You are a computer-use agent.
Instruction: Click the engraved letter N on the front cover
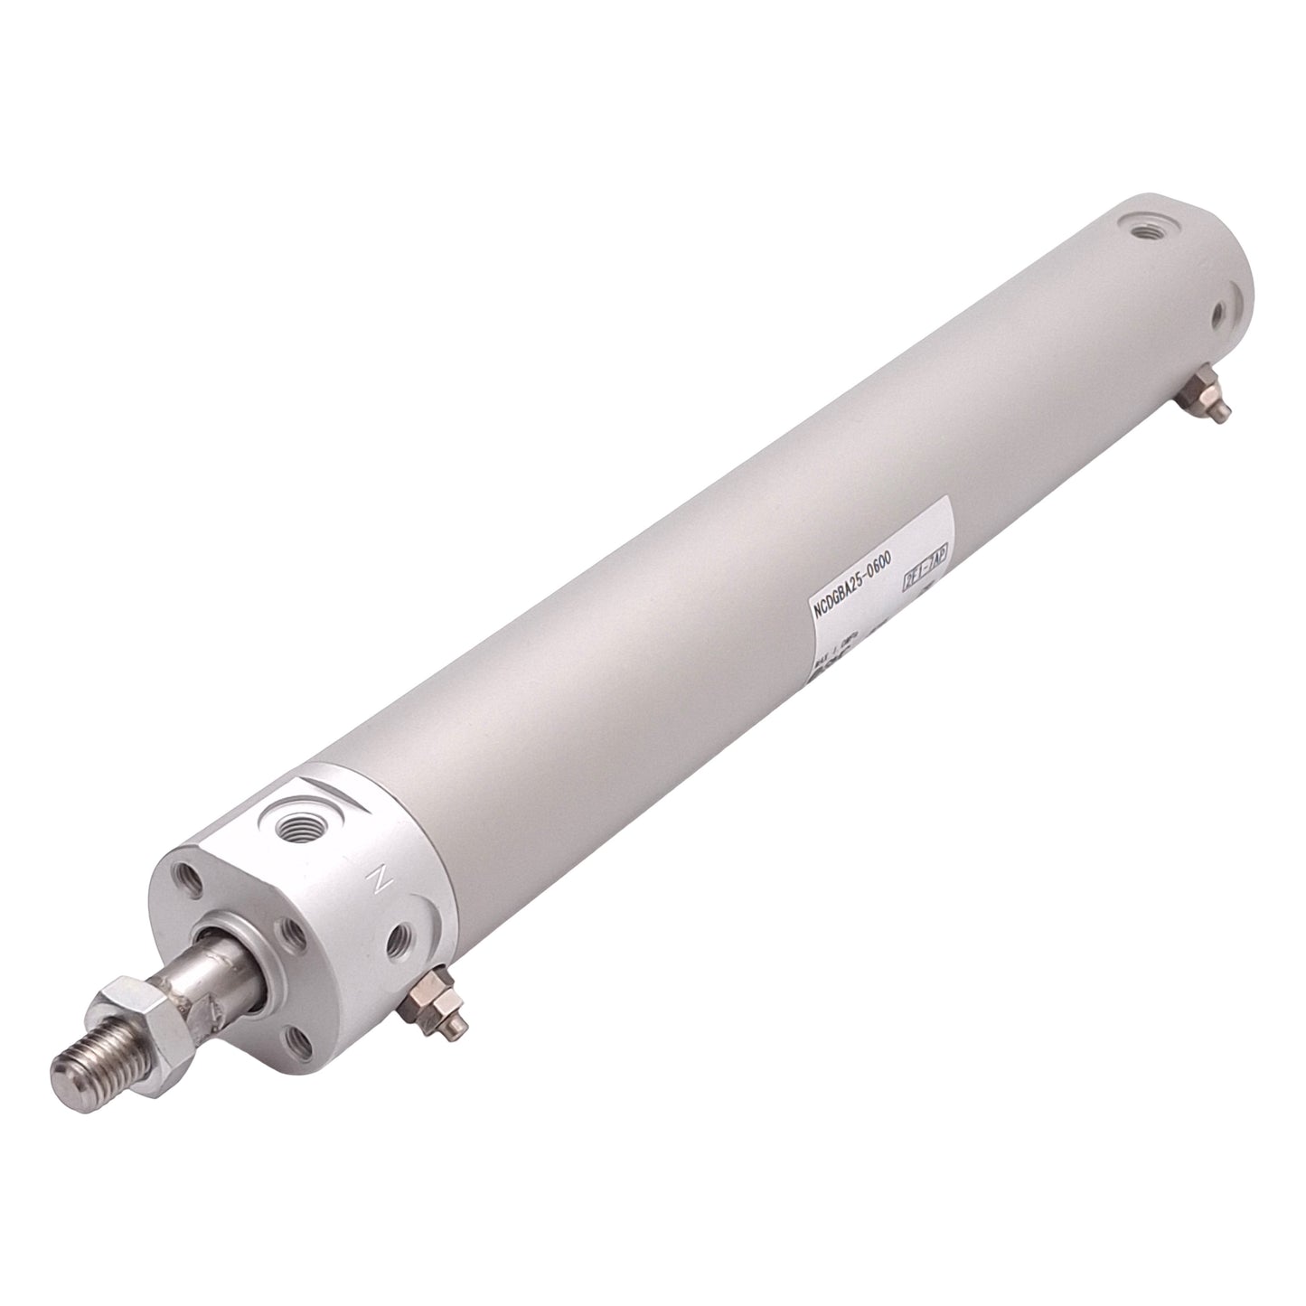click(x=378, y=877)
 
